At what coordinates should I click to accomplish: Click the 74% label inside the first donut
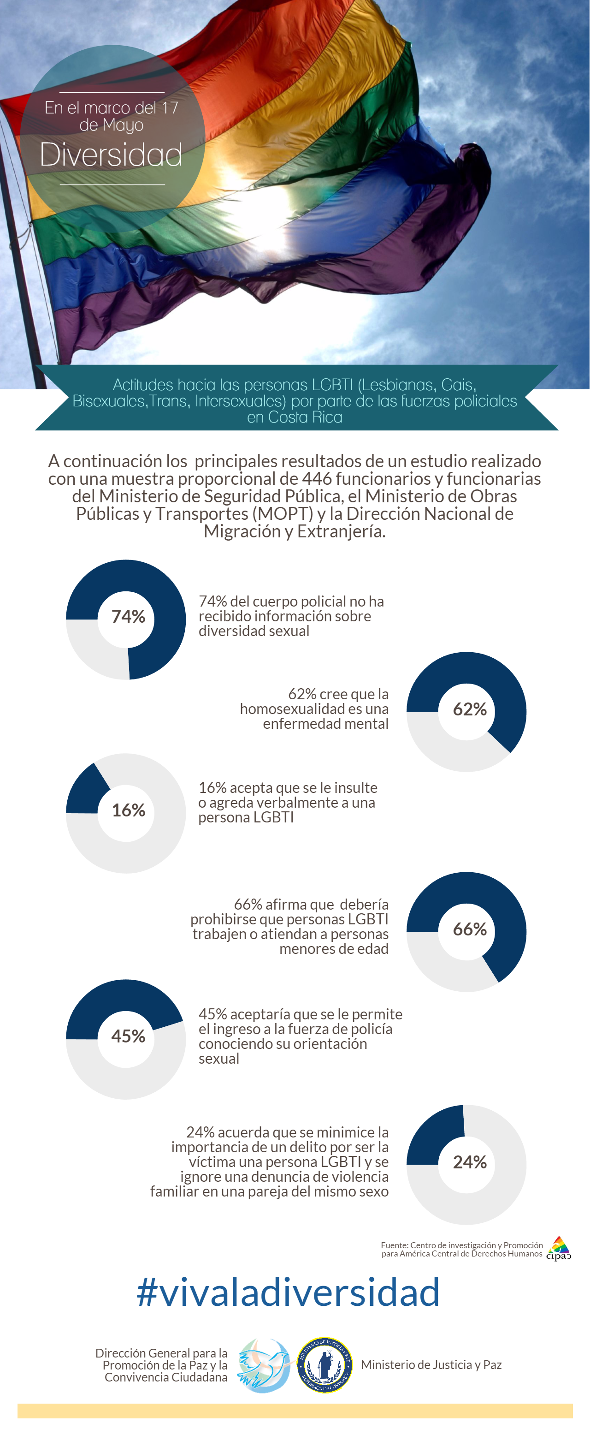point(128,616)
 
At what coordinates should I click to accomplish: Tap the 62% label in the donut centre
point(470,709)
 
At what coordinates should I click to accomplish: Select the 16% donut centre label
point(128,810)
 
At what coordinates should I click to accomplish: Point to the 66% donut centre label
point(470,929)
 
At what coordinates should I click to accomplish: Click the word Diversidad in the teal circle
point(111,155)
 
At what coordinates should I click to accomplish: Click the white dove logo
point(265,1365)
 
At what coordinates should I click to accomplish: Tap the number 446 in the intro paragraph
point(317,479)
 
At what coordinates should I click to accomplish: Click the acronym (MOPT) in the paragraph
point(283,514)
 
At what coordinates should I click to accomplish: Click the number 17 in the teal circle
point(170,107)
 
